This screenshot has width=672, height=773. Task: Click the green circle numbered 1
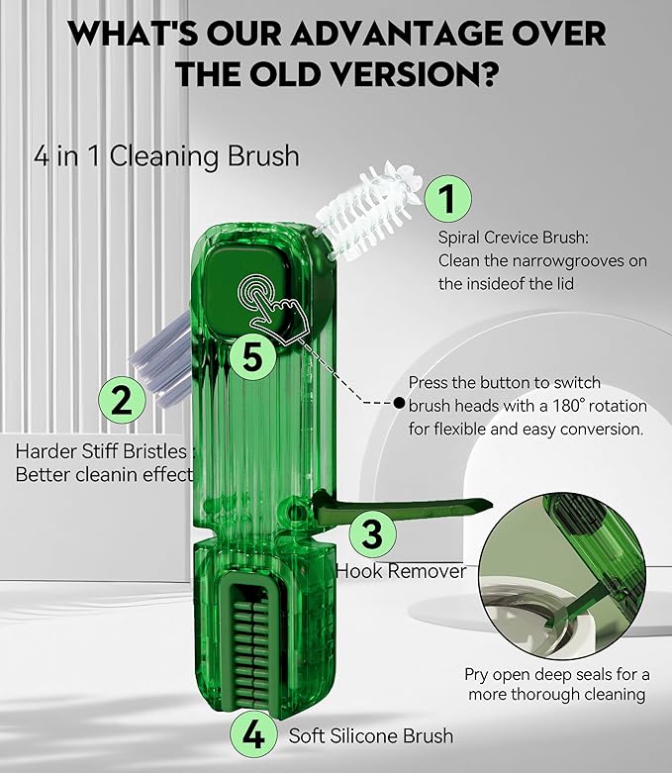click(x=447, y=198)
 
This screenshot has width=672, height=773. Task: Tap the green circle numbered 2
click(x=121, y=400)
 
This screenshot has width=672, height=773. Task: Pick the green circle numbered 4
click(x=253, y=735)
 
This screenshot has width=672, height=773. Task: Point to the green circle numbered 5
click(x=253, y=357)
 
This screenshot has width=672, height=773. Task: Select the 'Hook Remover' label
click(x=401, y=571)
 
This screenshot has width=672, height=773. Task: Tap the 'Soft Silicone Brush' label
click(x=371, y=735)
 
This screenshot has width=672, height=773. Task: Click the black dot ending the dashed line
click(x=399, y=402)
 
